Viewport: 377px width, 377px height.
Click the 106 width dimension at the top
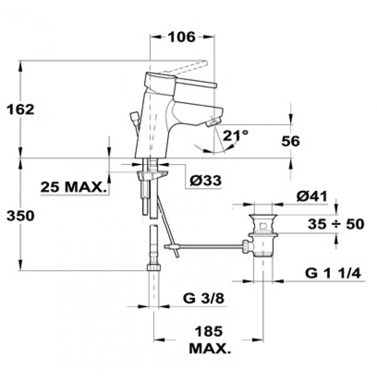[181, 37]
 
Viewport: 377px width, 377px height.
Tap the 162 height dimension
[20, 109]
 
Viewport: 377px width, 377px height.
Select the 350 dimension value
[20, 215]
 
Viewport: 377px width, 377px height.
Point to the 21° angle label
[235, 135]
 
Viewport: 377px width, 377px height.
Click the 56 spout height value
[291, 141]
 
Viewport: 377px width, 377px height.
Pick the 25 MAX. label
[74, 187]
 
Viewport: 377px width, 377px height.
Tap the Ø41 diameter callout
[312, 197]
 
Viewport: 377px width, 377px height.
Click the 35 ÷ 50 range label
[336, 224]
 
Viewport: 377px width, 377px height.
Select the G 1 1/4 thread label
[333, 273]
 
